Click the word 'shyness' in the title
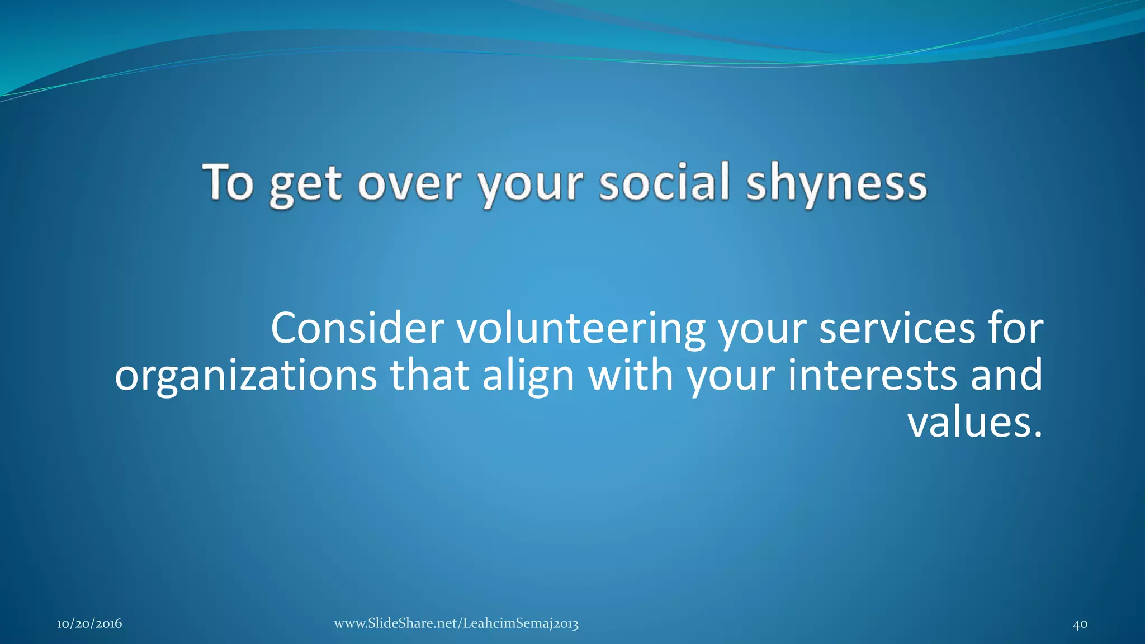pos(837,183)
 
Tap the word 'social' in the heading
pos(664,182)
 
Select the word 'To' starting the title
pos(228,182)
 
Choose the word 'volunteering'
pos(581,330)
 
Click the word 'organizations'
pos(246,376)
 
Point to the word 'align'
pos(528,376)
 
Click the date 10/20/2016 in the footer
pos(89,624)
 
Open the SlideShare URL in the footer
pos(456,624)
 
